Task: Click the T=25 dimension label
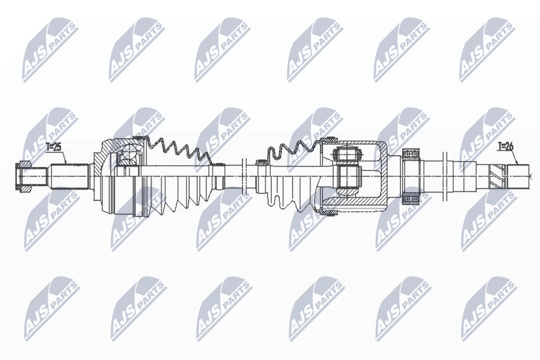tap(53, 147)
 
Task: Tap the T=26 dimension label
tap(505, 146)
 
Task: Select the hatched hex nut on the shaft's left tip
tap(24, 177)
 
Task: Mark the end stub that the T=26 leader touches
tap(519, 175)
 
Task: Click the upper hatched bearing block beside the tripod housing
tap(411, 154)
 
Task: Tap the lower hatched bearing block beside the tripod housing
tap(411, 199)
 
